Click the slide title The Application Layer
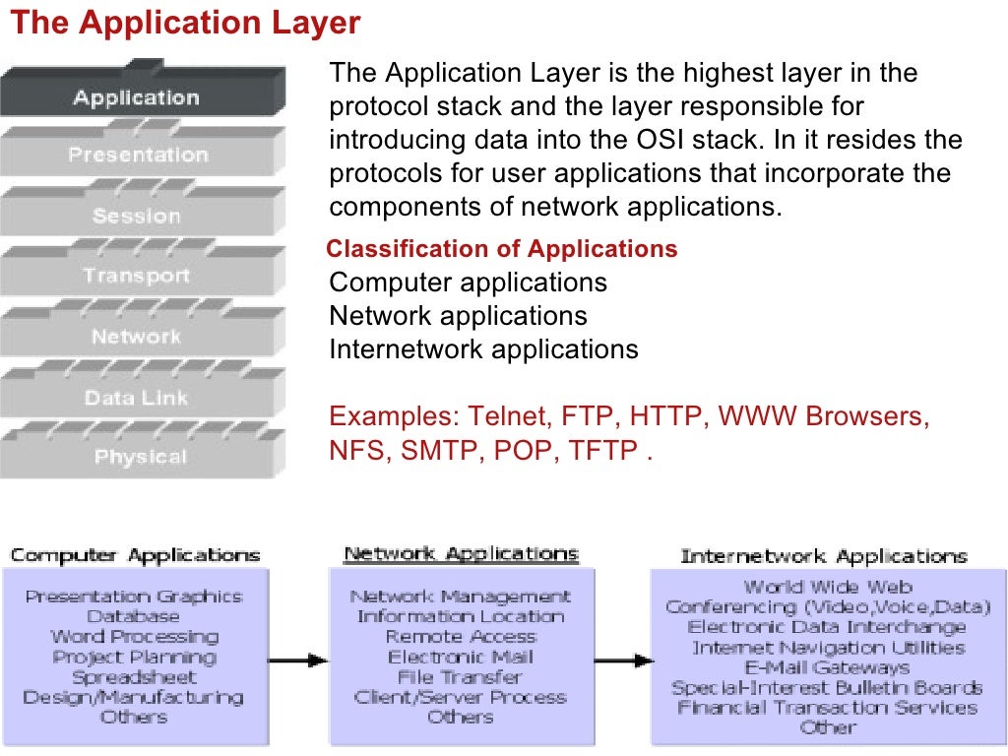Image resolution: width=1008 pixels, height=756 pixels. tap(185, 24)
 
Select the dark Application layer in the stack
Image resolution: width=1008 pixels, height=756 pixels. tap(136, 97)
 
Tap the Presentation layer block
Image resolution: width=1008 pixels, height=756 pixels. tap(138, 156)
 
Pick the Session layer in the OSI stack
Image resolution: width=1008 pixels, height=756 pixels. tap(137, 216)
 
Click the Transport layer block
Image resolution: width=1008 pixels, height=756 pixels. tap(137, 276)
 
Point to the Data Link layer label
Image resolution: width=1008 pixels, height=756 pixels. tap(137, 398)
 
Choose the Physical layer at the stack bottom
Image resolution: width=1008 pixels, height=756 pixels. tap(139, 457)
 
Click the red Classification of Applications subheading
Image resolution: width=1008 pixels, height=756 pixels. tap(502, 249)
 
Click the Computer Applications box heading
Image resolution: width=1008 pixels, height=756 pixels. tap(135, 555)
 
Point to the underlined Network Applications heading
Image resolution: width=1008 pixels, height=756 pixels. tap(461, 554)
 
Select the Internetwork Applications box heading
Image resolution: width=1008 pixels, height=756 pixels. tap(824, 556)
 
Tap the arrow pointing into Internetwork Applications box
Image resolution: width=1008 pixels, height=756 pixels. tap(621, 660)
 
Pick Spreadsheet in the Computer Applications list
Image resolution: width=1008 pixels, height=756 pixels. tap(134, 677)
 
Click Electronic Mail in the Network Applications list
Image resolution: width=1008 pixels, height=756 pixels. tap(461, 657)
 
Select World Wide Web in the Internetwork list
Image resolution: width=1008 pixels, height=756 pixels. tap(828, 587)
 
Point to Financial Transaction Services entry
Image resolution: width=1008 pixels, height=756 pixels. tap(828, 708)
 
